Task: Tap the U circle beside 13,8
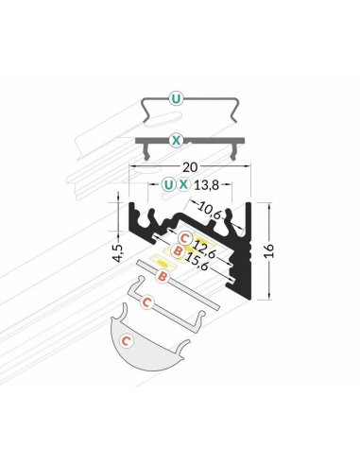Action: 168,183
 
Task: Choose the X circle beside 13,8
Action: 184,183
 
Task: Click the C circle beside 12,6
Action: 185,237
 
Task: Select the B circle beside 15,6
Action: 179,252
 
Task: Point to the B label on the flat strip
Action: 163,277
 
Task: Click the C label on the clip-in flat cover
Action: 146,303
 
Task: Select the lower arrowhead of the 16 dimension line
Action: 271,295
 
